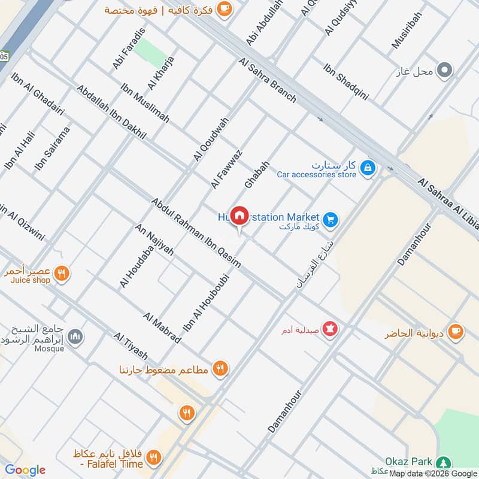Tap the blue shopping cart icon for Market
(x=331, y=220)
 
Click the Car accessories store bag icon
(x=368, y=168)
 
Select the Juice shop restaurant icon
(x=60, y=274)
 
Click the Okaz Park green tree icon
(x=443, y=463)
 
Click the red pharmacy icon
(x=329, y=329)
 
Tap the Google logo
(x=25, y=470)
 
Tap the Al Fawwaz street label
(x=226, y=169)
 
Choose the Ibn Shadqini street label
(x=345, y=81)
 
